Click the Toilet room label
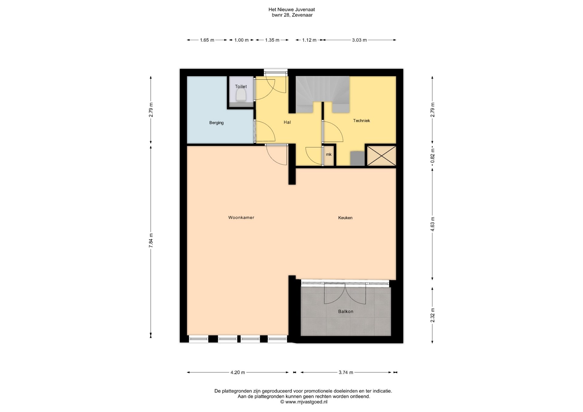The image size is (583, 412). tap(241, 86)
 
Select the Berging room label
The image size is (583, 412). tap(216, 123)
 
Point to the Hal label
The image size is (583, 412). tap(287, 122)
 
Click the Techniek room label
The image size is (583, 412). tap(361, 121)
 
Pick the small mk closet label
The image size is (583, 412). tap(329, 154)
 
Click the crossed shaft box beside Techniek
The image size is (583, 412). tap(381, 156)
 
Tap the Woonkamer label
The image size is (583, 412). tap(241, 218)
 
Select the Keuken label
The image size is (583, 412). tap(345, 218)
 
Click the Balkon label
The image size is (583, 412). tap(346, 312)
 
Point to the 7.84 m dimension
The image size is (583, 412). tap(151, 240)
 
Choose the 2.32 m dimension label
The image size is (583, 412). tap(432, 315)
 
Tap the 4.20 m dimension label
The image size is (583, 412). tap(238, 373)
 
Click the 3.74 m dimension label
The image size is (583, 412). tap(346, 373)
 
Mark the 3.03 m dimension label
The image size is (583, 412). tap(359, 40)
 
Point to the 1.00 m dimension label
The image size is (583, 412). tap(241, 40)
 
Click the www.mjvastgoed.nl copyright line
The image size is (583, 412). tap(304, 402)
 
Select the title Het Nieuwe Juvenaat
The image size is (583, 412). tap(291, 10)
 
